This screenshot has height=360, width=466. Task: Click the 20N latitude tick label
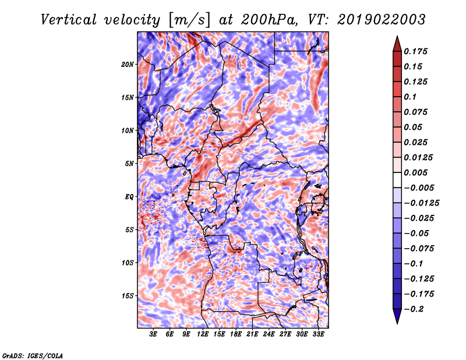[128, 65]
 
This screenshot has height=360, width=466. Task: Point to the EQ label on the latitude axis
[129, 197]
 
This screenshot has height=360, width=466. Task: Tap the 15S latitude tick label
[128, 296]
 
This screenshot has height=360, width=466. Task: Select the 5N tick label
[129, 164]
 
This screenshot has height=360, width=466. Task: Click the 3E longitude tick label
[153, 334]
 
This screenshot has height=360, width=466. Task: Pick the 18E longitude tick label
[236, 334]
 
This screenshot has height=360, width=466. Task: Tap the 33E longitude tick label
[318, 334]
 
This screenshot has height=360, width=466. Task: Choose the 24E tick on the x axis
[269, 334]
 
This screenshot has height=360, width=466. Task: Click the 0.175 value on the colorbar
[415, 51]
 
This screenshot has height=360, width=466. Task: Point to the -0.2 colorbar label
[414, 309]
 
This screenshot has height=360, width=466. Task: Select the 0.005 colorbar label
[415, 172]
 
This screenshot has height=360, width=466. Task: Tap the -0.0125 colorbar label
[421, 203]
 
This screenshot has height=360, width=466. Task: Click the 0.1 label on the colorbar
[410, 97]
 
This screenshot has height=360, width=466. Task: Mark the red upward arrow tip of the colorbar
[397, 36]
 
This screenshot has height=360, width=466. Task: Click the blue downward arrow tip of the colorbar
[397, 323]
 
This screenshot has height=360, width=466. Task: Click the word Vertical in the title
[69, 20]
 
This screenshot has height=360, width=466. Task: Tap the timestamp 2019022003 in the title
[382, 20]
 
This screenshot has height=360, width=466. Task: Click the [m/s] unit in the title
[189, 20]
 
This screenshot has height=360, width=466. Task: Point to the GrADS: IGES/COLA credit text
[33, 355]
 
